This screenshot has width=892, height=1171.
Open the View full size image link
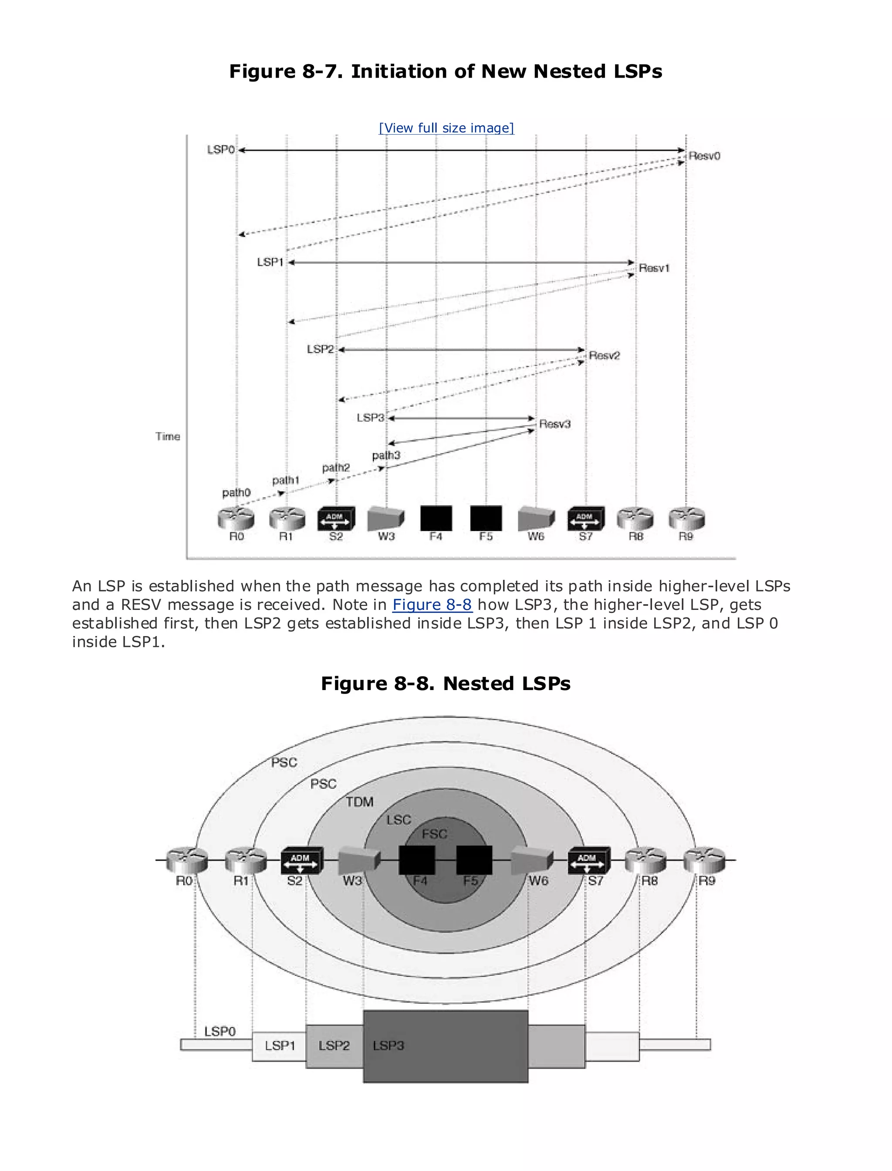[x=446, y=128]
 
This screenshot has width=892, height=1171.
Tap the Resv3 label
[x=554, y=424]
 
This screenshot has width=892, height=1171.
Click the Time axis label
[x=168, y=437]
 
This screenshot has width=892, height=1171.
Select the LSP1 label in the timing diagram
[x=270, y=262]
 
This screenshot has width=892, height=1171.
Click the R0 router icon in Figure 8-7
[x=236, y=519]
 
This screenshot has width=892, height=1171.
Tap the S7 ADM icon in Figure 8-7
[x=586, y=519]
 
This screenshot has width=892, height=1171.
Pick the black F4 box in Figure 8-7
[x=436, y=518]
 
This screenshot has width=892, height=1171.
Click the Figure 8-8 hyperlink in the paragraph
[x=432, y=605]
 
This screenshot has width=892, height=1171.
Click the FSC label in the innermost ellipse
[x=434, y=834]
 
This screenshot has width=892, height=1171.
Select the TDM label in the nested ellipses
[x=359, y=802]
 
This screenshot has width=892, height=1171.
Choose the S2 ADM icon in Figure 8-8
[x=301, y=861]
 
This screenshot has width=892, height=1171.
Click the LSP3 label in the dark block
[x=388, y=1046]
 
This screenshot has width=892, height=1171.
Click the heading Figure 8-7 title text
[x=446, y=71]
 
